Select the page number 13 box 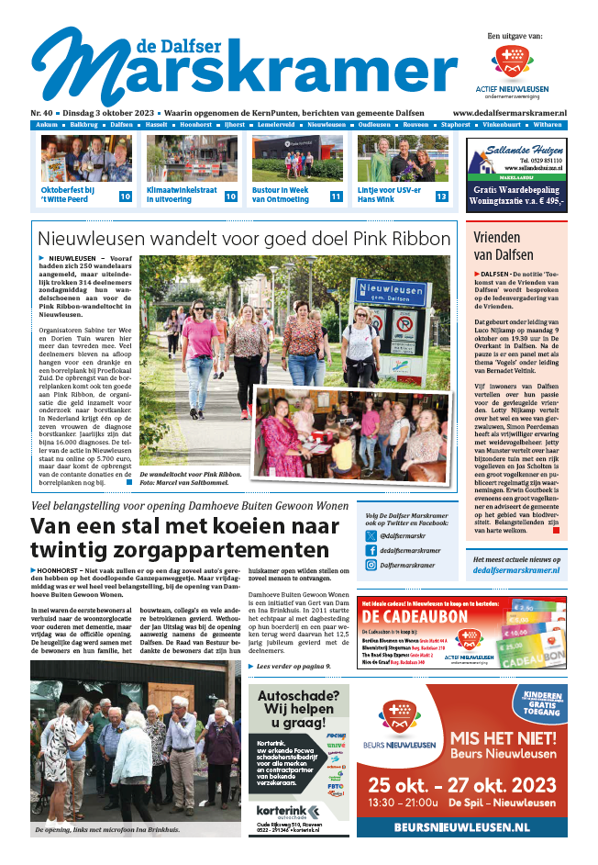coord(441,197)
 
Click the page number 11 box coord(336,197)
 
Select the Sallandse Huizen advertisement coord(515,174)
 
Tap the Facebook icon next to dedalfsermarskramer coord(371,550)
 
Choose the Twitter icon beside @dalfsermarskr coord(371,534)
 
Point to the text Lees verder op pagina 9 coord(295,666)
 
